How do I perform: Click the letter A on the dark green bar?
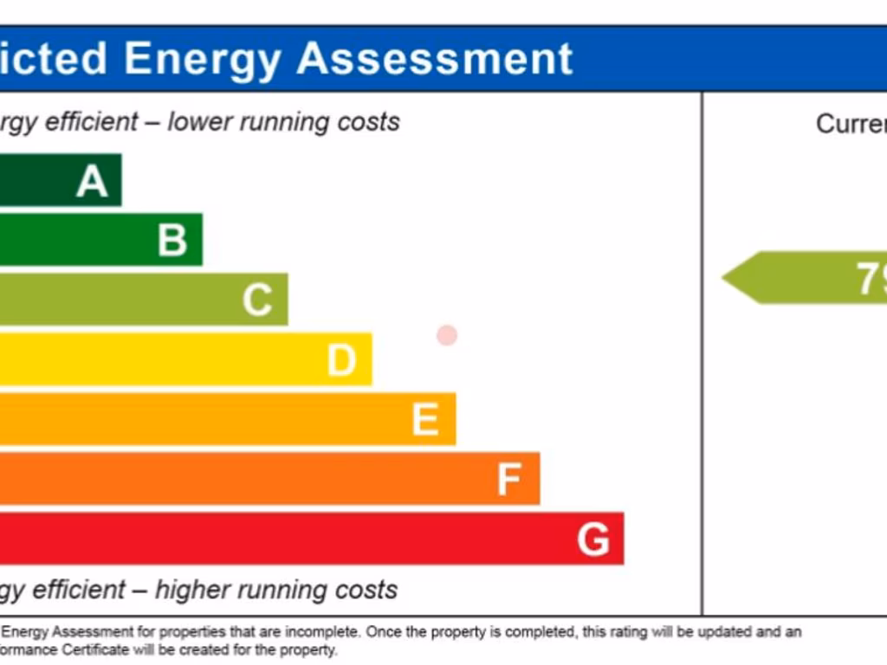(x=92, y=181)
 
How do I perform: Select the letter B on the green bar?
(x=172, y=240)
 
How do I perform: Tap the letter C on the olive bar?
(x=257, y=300)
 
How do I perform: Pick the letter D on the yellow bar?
(x=341, y=359)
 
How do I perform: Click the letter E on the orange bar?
(x=424, y=419)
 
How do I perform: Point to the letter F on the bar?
(x=509, y=479)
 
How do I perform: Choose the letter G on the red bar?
(x=593, y=539)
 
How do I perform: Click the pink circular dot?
(x=447, y=335)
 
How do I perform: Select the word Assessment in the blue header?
(x=435, y=59)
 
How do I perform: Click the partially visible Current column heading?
(x=851, y=124)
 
